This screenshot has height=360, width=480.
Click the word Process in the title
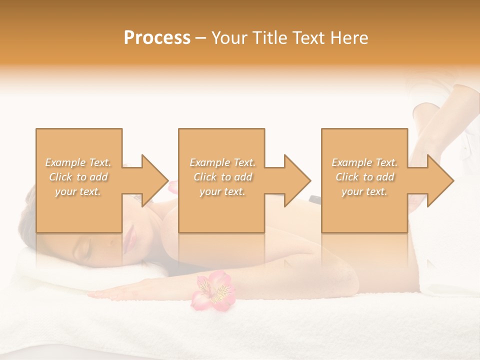click(157, 38)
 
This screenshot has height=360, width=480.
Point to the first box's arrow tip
click(168, 180)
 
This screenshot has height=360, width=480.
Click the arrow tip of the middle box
click(310, 180)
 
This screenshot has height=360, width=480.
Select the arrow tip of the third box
click(453, 180)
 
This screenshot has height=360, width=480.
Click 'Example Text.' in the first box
click(78, 162)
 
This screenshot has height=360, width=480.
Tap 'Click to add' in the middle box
click(222, 177)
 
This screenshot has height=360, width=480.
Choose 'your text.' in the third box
click(364, 191)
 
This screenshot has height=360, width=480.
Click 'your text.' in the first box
click(78, 191)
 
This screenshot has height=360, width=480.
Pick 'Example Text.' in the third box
click(364, 162)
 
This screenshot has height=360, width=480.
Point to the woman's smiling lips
click(129, 233)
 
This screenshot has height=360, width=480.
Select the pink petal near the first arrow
click(173, 187)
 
